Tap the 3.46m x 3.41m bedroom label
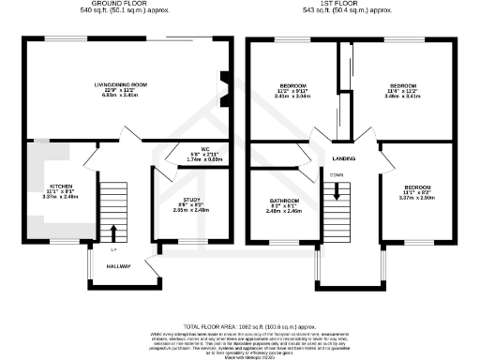coord(403,90)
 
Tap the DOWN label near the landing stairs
coord(335,174)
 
